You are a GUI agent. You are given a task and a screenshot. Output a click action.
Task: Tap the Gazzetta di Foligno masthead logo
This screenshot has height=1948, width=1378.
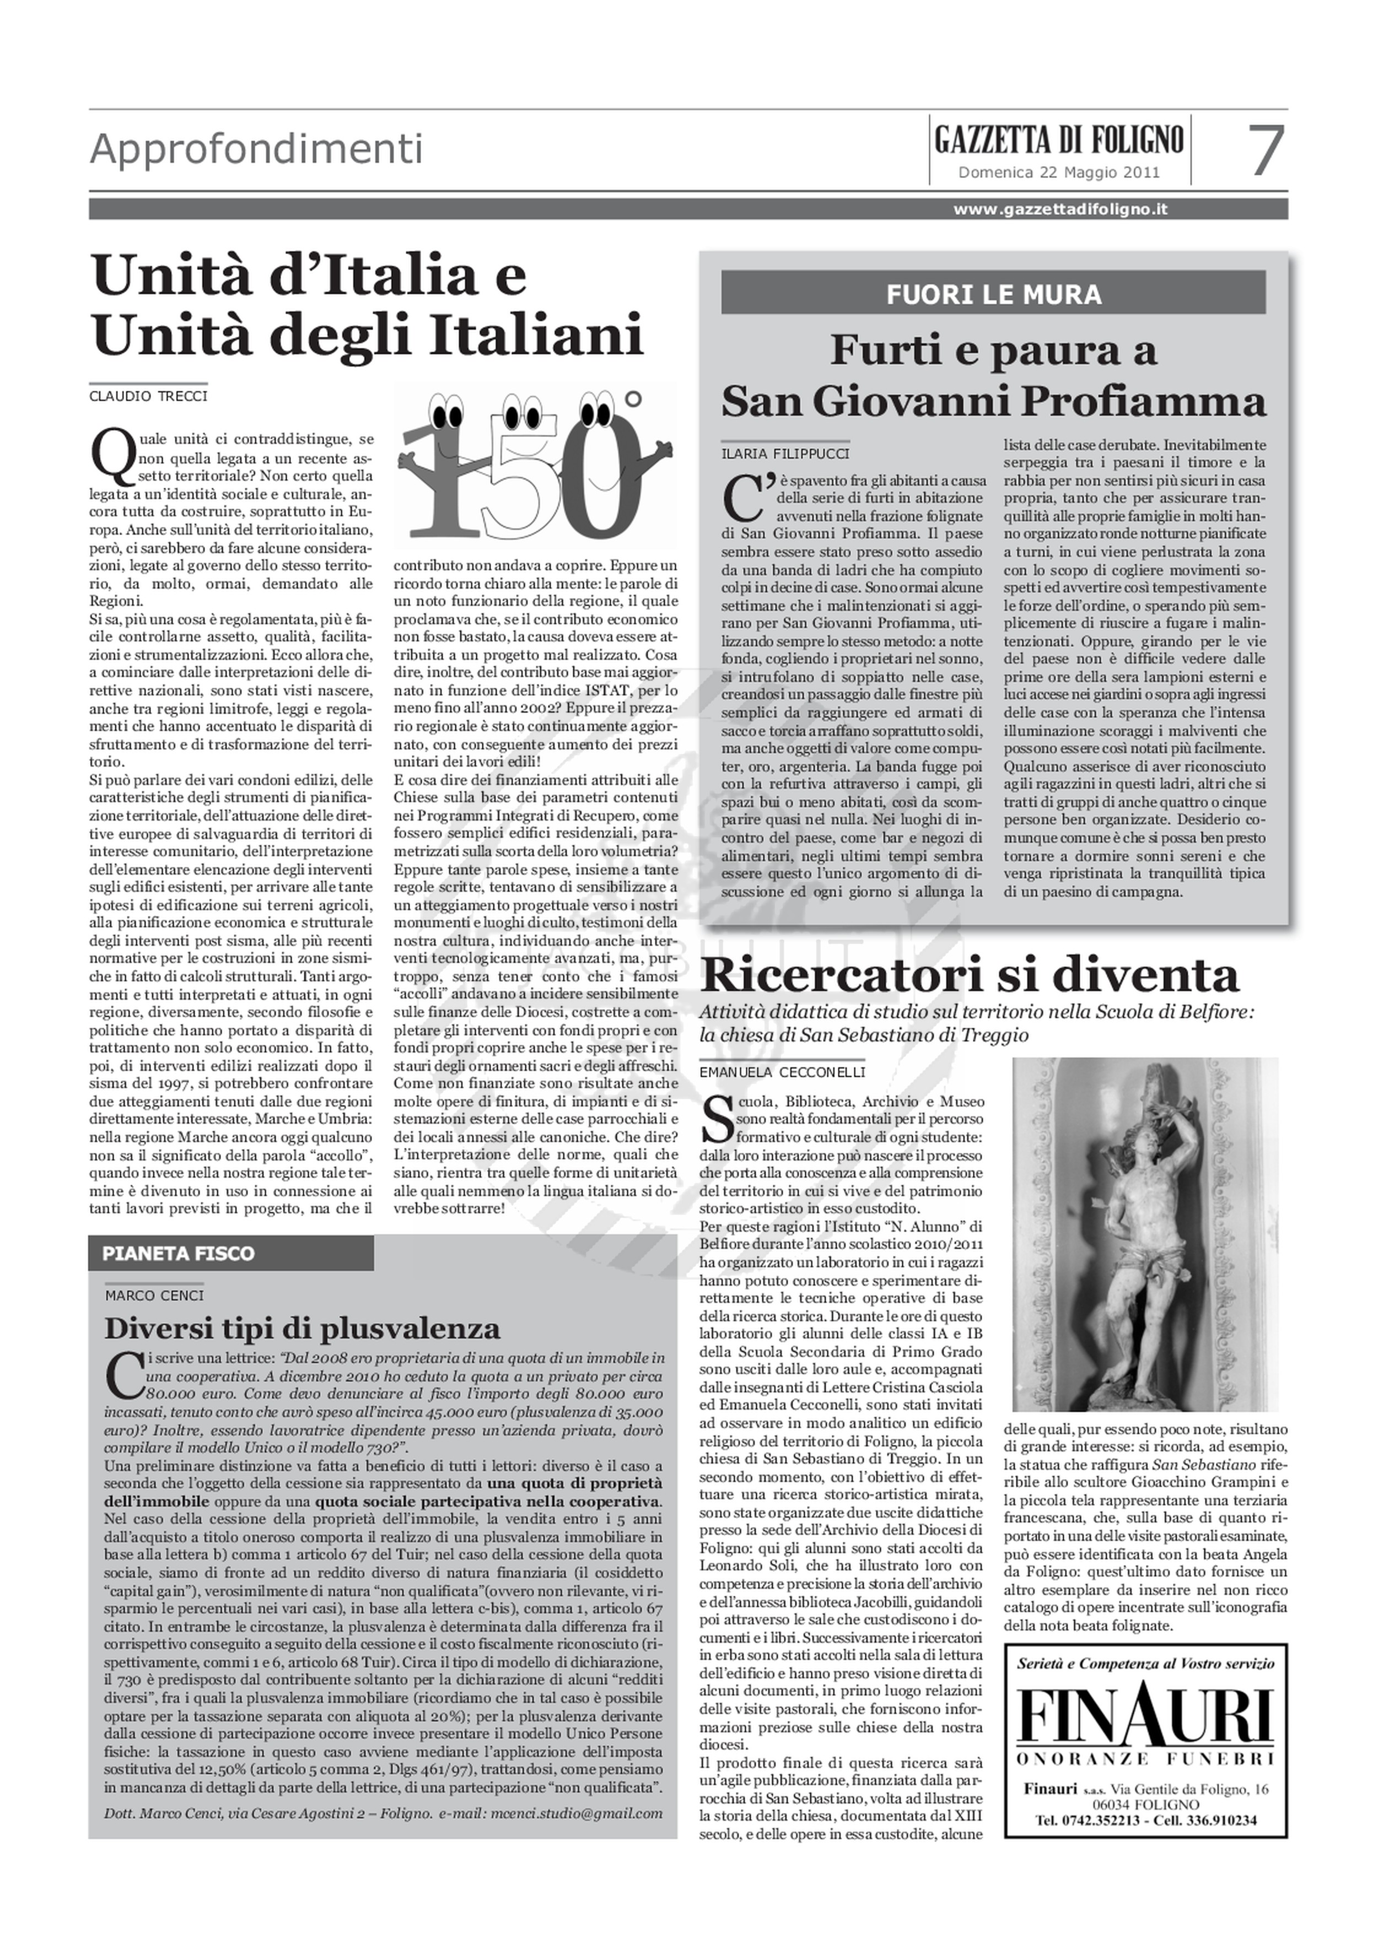(x=1059, y=140)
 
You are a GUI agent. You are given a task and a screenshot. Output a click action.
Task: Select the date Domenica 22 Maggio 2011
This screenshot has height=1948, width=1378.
(x=1058, y=172)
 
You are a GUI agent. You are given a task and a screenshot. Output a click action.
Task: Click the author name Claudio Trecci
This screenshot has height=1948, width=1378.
(x=148, y=396)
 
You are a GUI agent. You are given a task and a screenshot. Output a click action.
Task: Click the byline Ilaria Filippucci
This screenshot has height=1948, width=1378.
(x=785, y=455)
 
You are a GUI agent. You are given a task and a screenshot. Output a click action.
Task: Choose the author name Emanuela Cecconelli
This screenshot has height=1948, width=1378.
(x=782, y=1072)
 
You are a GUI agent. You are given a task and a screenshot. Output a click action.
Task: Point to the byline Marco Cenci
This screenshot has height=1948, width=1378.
(x=154, y=1296)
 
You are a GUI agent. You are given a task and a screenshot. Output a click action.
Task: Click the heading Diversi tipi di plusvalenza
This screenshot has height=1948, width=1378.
(x=302, y=1328)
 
